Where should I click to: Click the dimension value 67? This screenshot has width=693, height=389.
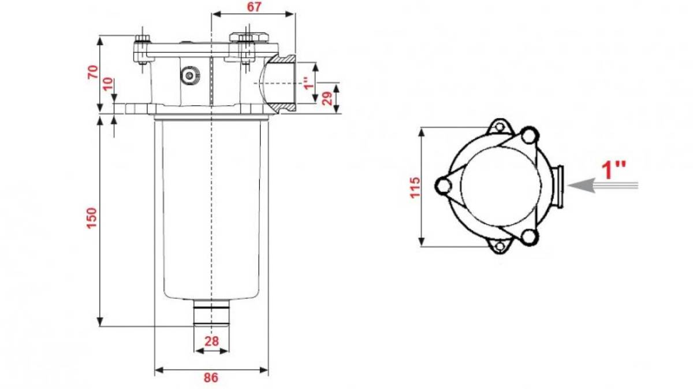254,7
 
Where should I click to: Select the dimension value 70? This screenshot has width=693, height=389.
93,72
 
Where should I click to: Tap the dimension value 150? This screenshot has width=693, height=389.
92,218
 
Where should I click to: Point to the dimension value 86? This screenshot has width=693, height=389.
211,377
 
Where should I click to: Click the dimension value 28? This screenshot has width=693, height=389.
211,341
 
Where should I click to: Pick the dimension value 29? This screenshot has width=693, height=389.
327,98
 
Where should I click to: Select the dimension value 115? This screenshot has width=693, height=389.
415,187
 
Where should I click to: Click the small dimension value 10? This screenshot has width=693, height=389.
108,84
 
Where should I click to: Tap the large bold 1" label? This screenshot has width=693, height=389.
613,170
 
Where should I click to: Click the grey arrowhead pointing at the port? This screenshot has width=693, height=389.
582,186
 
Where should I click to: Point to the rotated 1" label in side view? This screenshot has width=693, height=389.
309,83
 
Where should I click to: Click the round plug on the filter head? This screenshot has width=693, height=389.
189,75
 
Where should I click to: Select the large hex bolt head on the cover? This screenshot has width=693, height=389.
249,38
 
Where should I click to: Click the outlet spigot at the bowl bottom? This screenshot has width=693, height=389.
211,313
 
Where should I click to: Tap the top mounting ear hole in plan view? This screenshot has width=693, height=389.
500,127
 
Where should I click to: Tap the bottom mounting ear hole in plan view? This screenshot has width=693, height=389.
500,247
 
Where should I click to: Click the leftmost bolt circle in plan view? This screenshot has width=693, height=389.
444,186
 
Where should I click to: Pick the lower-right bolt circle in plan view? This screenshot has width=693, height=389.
529,237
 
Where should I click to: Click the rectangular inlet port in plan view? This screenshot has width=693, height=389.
557,186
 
